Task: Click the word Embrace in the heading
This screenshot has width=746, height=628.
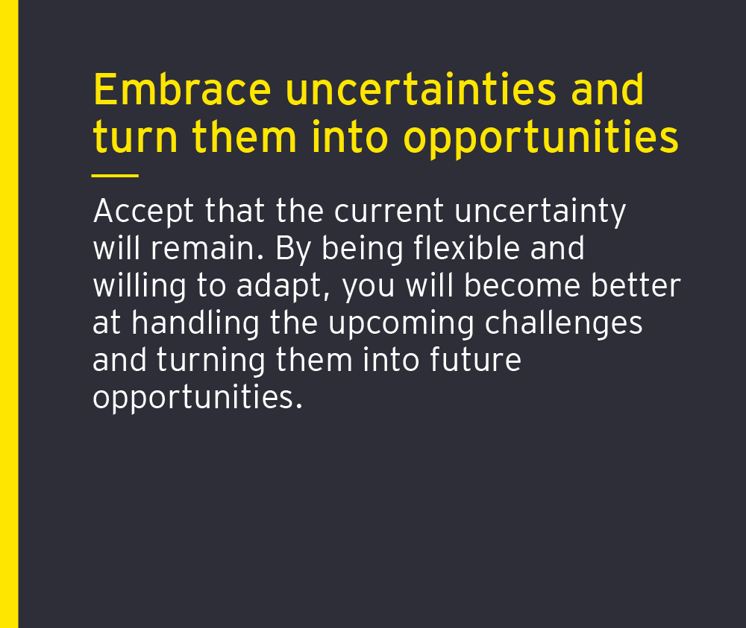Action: [182, 89]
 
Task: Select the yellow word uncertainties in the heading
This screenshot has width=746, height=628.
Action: [421, 89]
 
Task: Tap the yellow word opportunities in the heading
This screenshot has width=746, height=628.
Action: [541, 139]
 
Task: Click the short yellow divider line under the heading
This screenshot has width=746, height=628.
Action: [115, 176]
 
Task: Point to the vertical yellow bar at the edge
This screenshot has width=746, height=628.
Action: [9, 314]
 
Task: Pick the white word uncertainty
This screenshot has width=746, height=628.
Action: [540, 212]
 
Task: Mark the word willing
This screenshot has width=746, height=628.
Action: [140, 287]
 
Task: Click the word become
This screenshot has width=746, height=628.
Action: [522, 285]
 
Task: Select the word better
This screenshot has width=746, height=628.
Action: [636, 285]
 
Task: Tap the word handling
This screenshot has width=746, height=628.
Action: [195, 324]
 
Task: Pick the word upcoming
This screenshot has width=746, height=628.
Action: [401, 324]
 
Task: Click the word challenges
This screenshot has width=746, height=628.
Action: [564, 324]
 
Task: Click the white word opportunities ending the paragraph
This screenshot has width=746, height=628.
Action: [198, 398]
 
